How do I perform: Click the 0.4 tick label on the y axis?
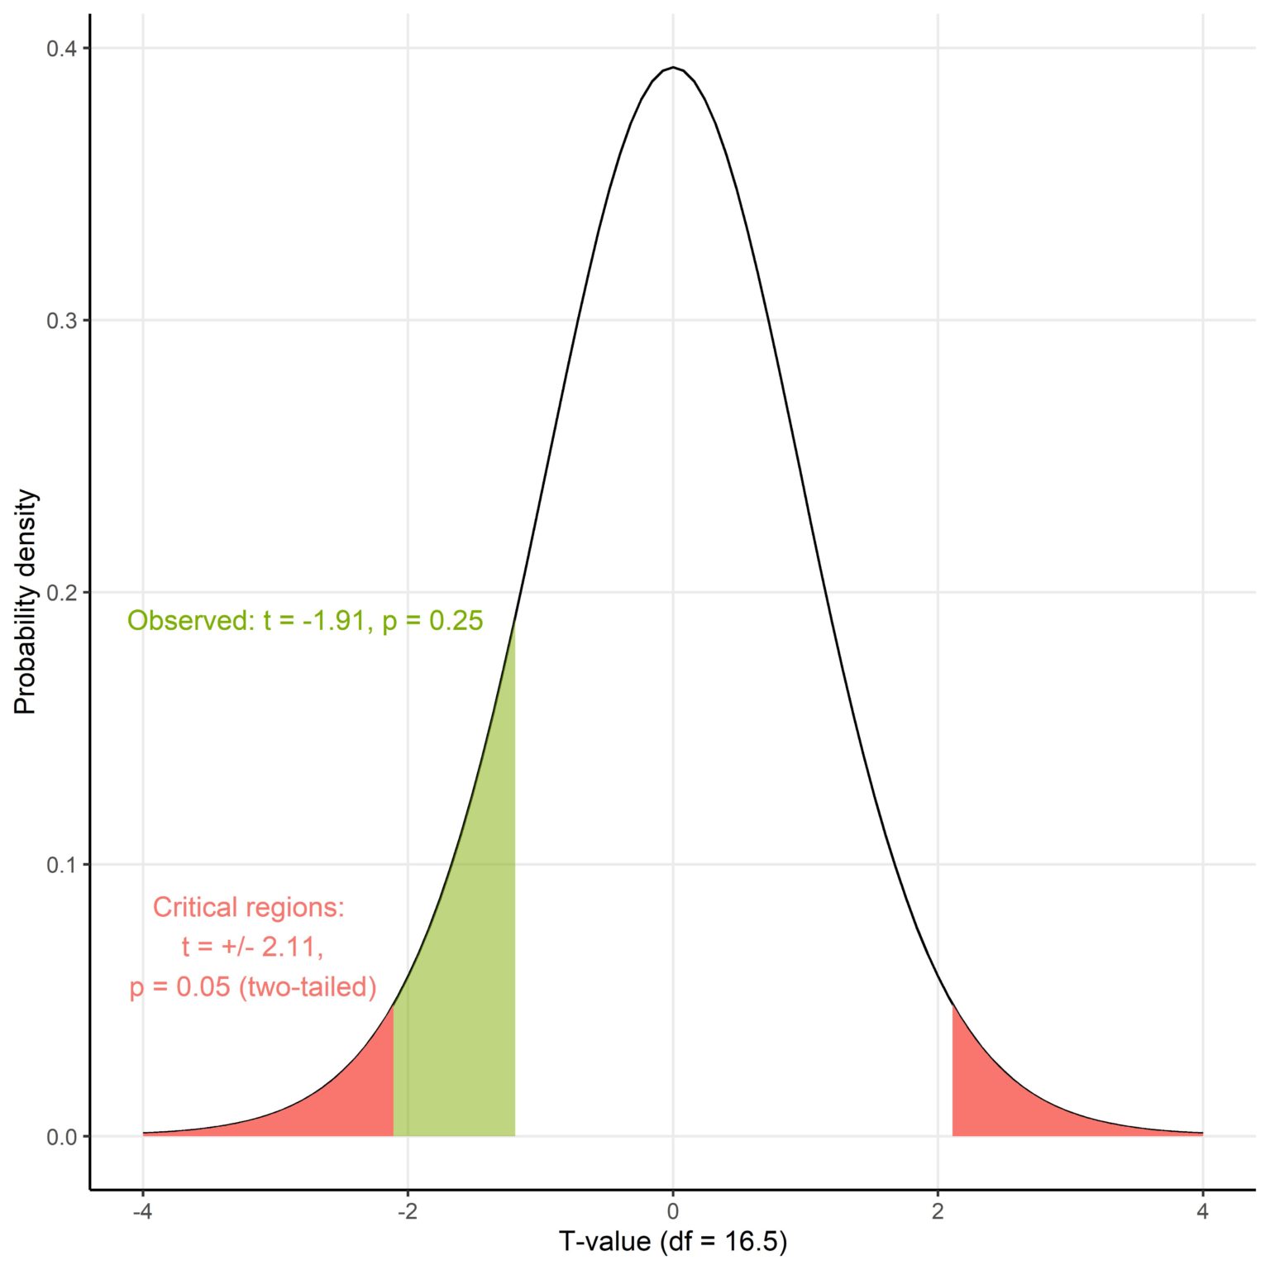(61, 49)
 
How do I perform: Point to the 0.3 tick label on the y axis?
(61, 321)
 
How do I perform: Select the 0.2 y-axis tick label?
(61, 593)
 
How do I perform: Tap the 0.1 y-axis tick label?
(61, 865)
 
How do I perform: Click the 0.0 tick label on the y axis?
(61, 1137)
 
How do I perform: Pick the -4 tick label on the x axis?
(142, 1211)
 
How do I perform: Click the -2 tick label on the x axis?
(407, 1211)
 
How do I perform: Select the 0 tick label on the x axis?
(673, 1211)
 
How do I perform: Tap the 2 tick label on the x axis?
(938, 1211)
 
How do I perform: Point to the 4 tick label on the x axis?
(1202, 1211)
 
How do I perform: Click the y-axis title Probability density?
(26, 601)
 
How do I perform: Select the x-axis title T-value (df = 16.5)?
(673, 1241)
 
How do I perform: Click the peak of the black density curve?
(673, 68)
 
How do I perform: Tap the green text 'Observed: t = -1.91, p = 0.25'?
(305, 621)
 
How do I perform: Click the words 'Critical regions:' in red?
(249, 908)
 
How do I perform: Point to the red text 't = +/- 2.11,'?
(252, 947)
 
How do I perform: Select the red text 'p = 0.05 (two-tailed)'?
(253, 987)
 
